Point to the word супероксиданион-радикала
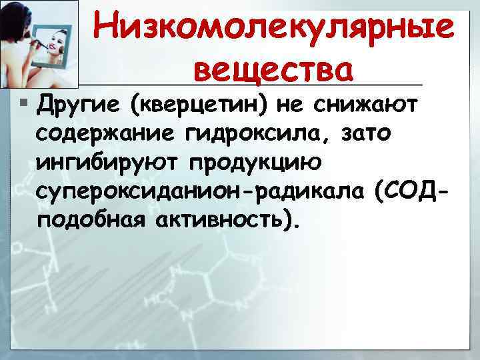pyautogui.click(x=201, y=193)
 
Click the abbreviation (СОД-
pyautogui.click(x=409, y=193)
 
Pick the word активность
pyautogui.click(x=226, y=222)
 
